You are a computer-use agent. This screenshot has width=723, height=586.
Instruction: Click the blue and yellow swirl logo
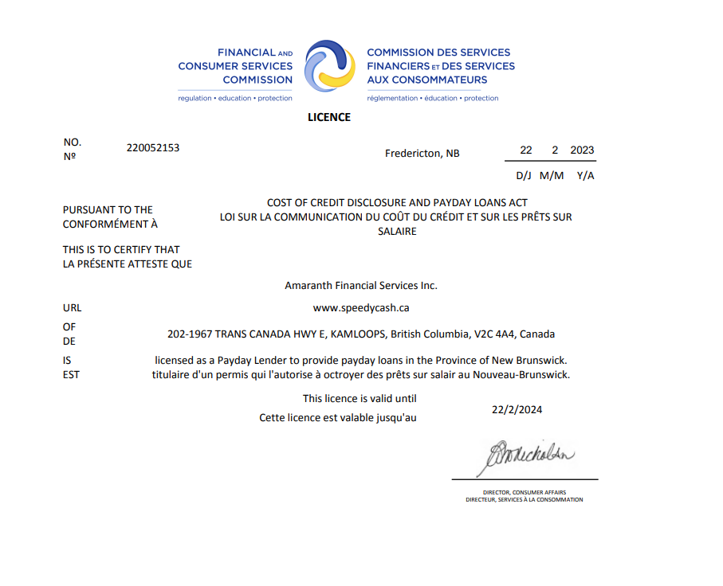(329, 66)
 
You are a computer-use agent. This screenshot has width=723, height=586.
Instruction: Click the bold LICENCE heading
(329, 117)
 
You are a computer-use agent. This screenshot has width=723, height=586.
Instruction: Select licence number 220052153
(153, 147)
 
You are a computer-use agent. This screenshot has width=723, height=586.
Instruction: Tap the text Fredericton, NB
(422, 153)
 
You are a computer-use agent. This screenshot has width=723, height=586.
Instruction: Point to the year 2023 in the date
(582, 150)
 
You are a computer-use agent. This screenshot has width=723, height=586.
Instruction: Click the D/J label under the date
(524, 175)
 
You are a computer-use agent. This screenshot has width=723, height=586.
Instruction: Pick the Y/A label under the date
(585, 175)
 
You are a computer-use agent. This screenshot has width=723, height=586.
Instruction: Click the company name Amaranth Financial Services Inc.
(361, 285)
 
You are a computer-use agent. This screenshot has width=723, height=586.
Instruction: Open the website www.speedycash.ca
(361, 307)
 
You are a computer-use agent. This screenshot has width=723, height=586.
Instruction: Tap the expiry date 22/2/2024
(517, 410)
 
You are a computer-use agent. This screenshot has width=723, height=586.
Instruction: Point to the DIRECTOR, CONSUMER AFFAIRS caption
(524, 492)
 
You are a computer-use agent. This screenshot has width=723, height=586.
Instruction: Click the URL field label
(72, 307)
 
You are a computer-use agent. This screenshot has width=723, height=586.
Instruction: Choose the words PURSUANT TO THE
(108, 210)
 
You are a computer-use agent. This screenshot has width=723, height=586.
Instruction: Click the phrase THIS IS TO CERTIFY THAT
(121, 249)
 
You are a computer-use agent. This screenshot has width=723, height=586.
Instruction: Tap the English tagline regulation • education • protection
(235, 99)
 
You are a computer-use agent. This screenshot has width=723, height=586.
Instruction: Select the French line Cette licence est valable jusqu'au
(338, 417)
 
